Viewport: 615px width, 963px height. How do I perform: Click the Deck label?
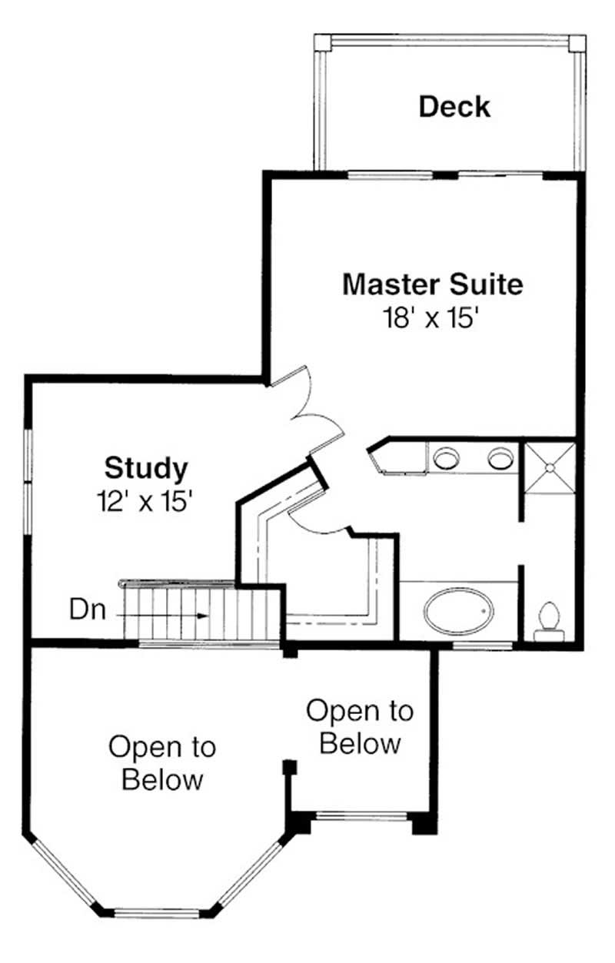[x=454, y=106]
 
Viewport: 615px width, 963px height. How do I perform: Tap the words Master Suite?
[x=432, y=284]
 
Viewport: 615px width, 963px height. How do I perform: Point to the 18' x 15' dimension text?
[x=432, y=317]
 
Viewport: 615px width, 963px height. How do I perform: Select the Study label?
[x=146, y=467]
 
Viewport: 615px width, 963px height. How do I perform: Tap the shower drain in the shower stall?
[x=550, y=467]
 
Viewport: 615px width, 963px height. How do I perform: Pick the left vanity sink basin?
[x=445, y=459]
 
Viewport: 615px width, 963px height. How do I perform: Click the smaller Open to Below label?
[x=360, y=726]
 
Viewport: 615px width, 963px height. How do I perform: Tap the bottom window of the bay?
[x=156, y=913]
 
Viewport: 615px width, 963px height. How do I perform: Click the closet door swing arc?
[x=315, y=523]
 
